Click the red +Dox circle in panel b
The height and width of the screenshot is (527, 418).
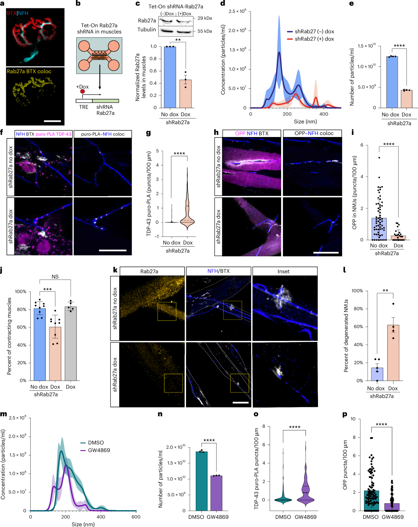[83, 91]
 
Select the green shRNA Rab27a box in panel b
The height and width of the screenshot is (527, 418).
[106, 101]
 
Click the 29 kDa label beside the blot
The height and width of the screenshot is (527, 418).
[205, 18]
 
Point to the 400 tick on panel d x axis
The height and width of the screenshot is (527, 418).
[324, 114]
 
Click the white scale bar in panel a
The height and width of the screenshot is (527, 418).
[52, 121]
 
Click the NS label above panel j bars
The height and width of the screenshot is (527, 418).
[55, 277]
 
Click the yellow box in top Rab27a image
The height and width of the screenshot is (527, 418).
[167, 311]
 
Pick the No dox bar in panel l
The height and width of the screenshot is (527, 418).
[377, 374]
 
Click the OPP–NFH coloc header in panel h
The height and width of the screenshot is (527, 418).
[312, 133]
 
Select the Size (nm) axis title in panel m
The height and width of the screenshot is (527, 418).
[83, 524]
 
